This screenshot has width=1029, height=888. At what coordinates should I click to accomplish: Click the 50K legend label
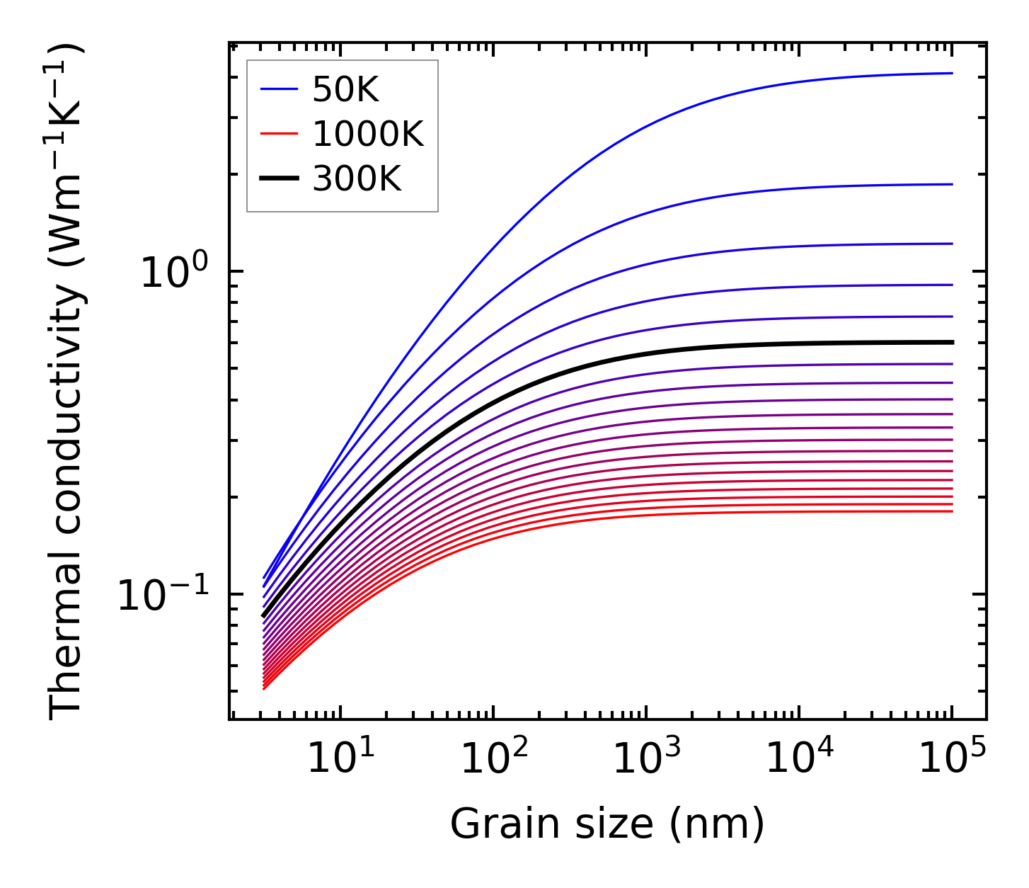[x=345, y=90]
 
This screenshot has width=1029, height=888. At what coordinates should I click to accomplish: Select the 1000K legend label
[x=368, y=135]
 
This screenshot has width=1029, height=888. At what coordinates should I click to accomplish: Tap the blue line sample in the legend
[x=279, y=89]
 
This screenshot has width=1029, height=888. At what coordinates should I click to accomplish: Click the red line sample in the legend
[x=279, y=134]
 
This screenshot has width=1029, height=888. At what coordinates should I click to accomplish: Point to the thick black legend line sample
[x=279, y=178]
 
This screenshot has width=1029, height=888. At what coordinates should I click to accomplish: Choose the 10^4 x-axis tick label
[x=799, y=759]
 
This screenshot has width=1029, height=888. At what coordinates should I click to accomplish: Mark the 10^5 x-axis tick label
[x=952, y=759]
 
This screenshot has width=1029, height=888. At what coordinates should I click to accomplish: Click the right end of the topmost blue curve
[x=952, y=73]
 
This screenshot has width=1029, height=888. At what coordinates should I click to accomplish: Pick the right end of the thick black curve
[x=952, y=342]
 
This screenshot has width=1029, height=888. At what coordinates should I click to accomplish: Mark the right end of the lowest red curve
[x=952, y=511]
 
